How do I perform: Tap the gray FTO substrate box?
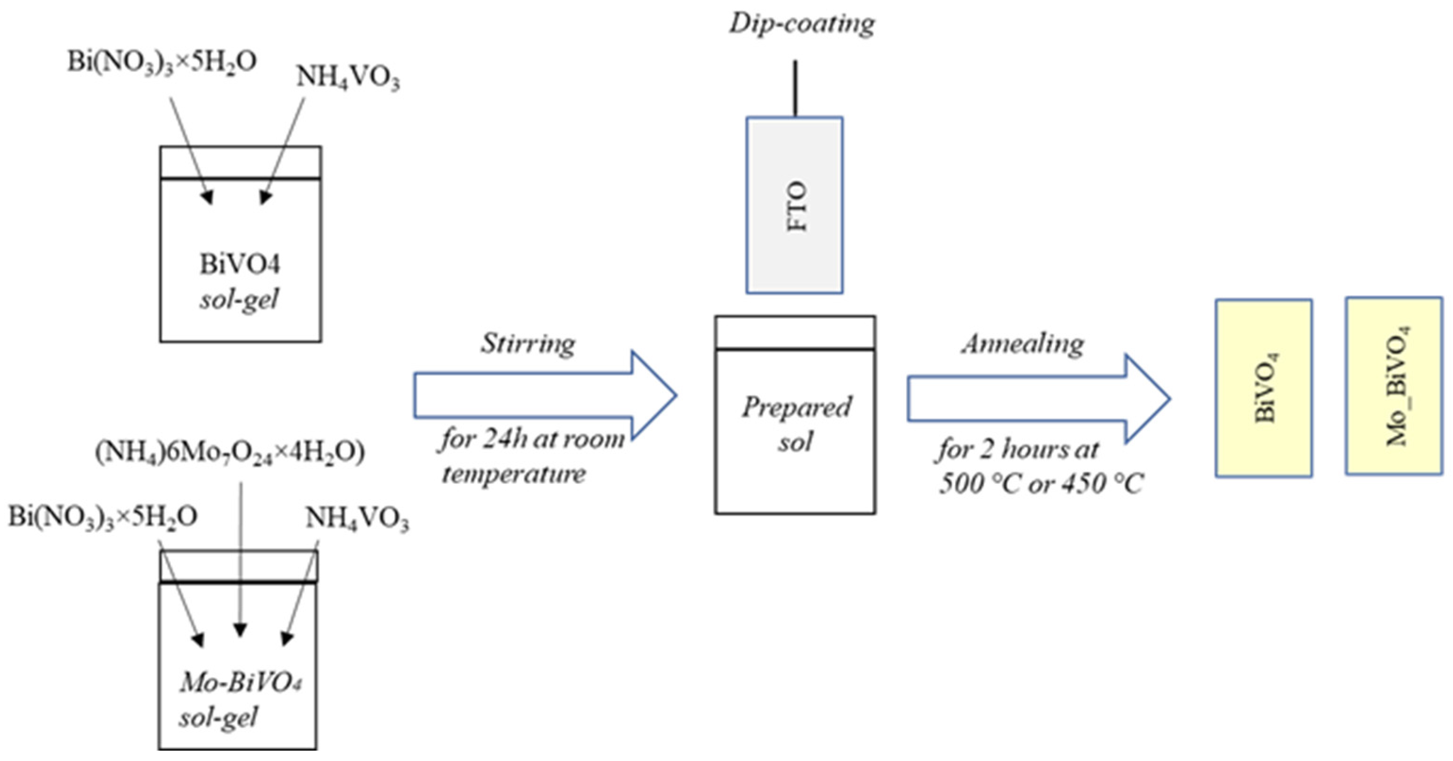pos(794,205)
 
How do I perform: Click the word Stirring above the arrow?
pos(528,343)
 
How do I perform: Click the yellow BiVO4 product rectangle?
pos(1263,388)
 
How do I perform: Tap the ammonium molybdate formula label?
pos(229,452)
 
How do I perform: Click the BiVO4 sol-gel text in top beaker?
pos(239,281)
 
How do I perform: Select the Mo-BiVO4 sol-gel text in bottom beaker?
pos(239,700)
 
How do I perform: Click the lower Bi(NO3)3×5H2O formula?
pos(103,517)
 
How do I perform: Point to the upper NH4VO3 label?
pos(348,77)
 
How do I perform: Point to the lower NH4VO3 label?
pos(357,519)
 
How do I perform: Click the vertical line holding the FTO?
pos(795,89)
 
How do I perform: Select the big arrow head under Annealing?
pos(1147,398)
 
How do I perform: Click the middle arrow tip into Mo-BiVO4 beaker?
pos(241,630)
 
